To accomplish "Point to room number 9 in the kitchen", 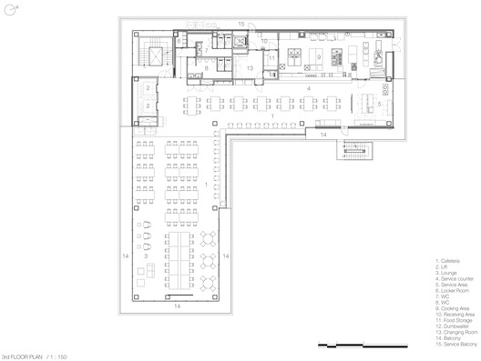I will tap(320, 55).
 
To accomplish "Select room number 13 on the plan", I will tap(249, 68).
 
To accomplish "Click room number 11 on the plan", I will tap(272, 58).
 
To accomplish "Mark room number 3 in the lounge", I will tap(146, 256).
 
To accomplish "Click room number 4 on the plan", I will tap(308, 37).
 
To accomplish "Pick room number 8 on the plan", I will tap(208, 68).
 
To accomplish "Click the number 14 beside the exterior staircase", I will tap(323, 135).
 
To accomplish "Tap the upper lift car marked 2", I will tap(148, 88).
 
